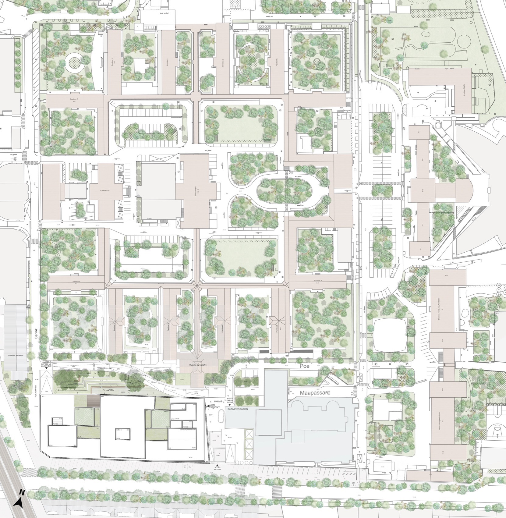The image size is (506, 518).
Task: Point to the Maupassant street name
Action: coord(315,393)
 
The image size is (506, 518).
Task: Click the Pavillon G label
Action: coord(74,99)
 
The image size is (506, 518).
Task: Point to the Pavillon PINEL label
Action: coord(464,90)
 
